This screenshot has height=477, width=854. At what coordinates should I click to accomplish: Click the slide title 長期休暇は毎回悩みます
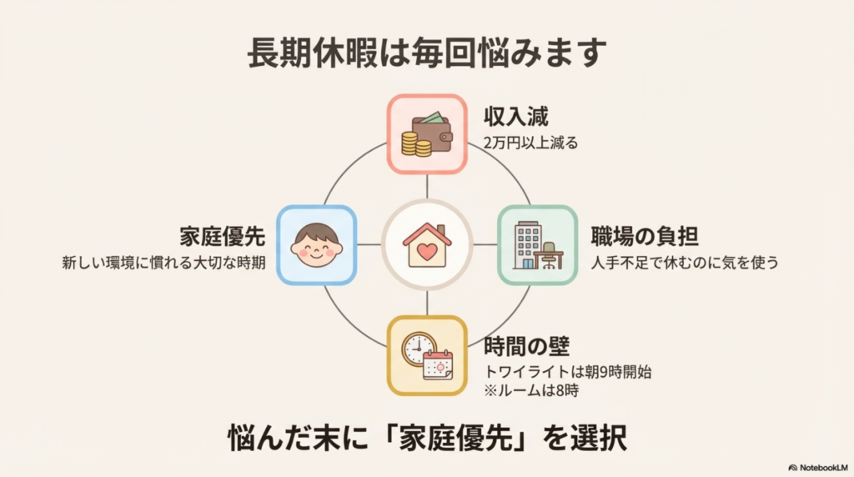click(x=427, y=53)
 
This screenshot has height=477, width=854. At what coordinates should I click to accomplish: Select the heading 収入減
click(x=515, y=117)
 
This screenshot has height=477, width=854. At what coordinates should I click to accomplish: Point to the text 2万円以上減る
click(x=530, y=143)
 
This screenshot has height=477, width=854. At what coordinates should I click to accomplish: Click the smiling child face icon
click(x=316, y=245)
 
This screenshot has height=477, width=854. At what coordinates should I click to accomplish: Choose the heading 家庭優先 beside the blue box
click(x=222, y=236)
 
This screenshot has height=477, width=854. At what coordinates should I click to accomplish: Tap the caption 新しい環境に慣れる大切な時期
click(x=163, y=263)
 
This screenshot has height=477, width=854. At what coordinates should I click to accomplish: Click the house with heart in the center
click(x=427, y=245)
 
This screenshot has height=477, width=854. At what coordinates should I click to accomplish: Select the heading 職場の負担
click(x=645, y=236)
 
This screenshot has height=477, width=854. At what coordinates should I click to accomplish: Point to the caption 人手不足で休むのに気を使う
click(x=685, y=263)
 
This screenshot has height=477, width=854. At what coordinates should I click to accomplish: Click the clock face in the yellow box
click(x=419, y=348)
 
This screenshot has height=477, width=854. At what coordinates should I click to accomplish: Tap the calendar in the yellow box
click(x=438, y=364)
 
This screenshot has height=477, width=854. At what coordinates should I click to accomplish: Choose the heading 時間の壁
click(x=526, y=346)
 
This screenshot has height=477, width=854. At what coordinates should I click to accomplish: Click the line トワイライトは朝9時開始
click(x=567, y=373)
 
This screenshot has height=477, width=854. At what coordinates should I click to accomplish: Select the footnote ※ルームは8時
click(x=531, y=390)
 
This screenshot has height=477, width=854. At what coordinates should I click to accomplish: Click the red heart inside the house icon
click(x=427, y=252)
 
